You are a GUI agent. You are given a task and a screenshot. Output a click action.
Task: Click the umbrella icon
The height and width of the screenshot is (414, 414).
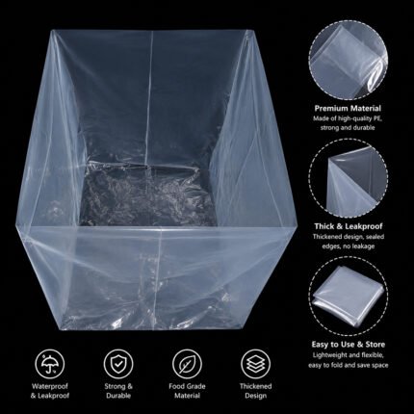[x=50, y=363]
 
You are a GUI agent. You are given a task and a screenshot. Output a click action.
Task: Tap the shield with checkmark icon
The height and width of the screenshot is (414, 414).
[x=118, y=363]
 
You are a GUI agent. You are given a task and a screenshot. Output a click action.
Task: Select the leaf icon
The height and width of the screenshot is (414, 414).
[x=187, y=363]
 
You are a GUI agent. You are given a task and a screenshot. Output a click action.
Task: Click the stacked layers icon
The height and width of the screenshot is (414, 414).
[x=255, y=363]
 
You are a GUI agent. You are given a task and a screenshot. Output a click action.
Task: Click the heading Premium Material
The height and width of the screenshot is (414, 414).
[x=348, y=108]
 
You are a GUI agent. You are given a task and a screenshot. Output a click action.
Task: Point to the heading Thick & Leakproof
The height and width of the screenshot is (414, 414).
[x=349, y=226]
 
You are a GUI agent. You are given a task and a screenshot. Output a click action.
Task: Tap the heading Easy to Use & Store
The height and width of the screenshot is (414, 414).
[x=349, y=345]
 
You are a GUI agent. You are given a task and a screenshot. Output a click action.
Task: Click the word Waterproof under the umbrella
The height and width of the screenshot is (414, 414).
[x=50, y=386]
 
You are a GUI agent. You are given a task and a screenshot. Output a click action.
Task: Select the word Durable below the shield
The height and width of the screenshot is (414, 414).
[x=118, y=396]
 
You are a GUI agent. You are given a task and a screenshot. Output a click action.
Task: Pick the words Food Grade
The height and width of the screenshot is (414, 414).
[x=187, y=386]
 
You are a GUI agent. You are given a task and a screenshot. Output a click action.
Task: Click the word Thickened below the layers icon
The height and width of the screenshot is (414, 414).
[x=255, y=386]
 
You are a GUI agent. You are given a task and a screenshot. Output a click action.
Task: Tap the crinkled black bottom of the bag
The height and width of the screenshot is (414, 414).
[x=147, y=194]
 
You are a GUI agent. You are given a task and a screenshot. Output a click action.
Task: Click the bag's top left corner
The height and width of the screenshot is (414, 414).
[x=53, y=31]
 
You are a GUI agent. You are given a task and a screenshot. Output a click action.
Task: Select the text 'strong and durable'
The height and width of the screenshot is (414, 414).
[x=348, y=128]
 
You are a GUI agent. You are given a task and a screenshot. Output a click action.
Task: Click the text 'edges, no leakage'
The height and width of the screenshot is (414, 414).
[x=349, y=246]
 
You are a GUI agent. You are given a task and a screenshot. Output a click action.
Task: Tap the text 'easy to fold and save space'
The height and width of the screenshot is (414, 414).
[x=349, y=365]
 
